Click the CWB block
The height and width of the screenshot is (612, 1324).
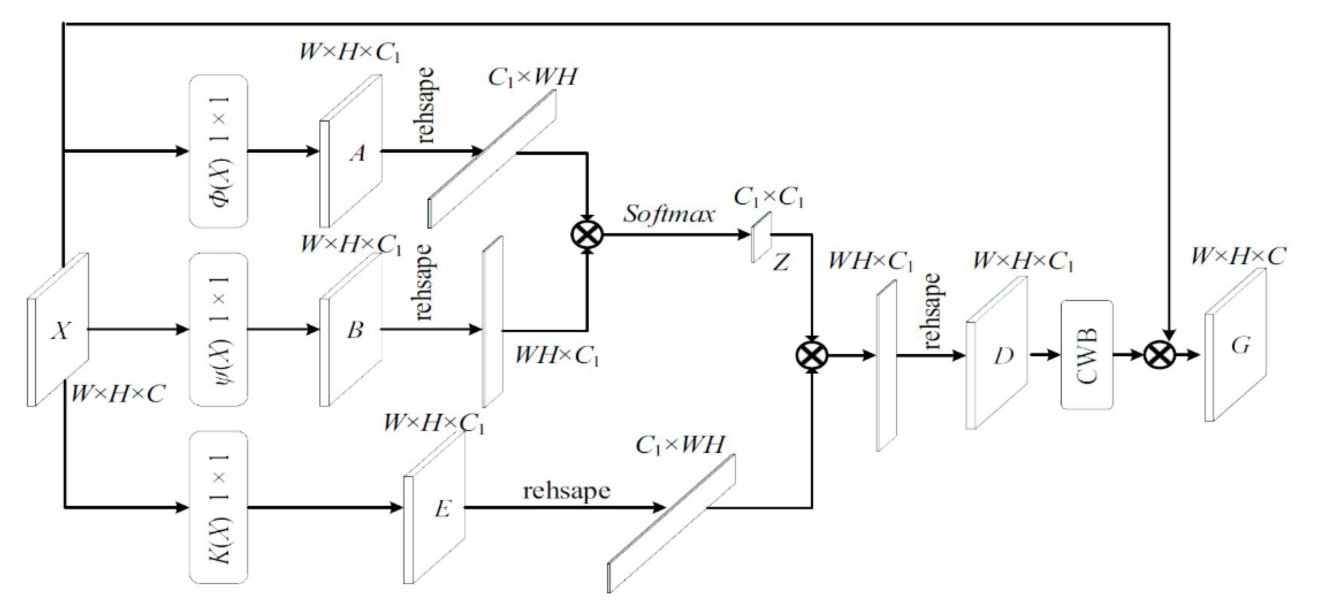1087,355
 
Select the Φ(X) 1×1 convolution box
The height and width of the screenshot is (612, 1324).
218,151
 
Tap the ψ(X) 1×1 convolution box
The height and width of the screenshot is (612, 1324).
218,329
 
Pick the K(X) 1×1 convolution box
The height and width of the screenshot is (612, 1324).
218,507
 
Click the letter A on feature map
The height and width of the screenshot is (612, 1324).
357,153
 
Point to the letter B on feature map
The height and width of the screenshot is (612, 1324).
355,329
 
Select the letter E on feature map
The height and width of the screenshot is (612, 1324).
442,509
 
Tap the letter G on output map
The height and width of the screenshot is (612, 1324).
1240,346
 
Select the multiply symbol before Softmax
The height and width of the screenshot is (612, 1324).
587,235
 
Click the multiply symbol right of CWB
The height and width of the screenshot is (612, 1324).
1160,355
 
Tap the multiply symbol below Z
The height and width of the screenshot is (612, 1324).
812,355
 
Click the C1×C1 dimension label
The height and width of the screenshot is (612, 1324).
769,197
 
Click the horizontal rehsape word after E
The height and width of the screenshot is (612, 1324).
566,490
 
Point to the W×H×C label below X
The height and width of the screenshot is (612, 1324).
118,394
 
